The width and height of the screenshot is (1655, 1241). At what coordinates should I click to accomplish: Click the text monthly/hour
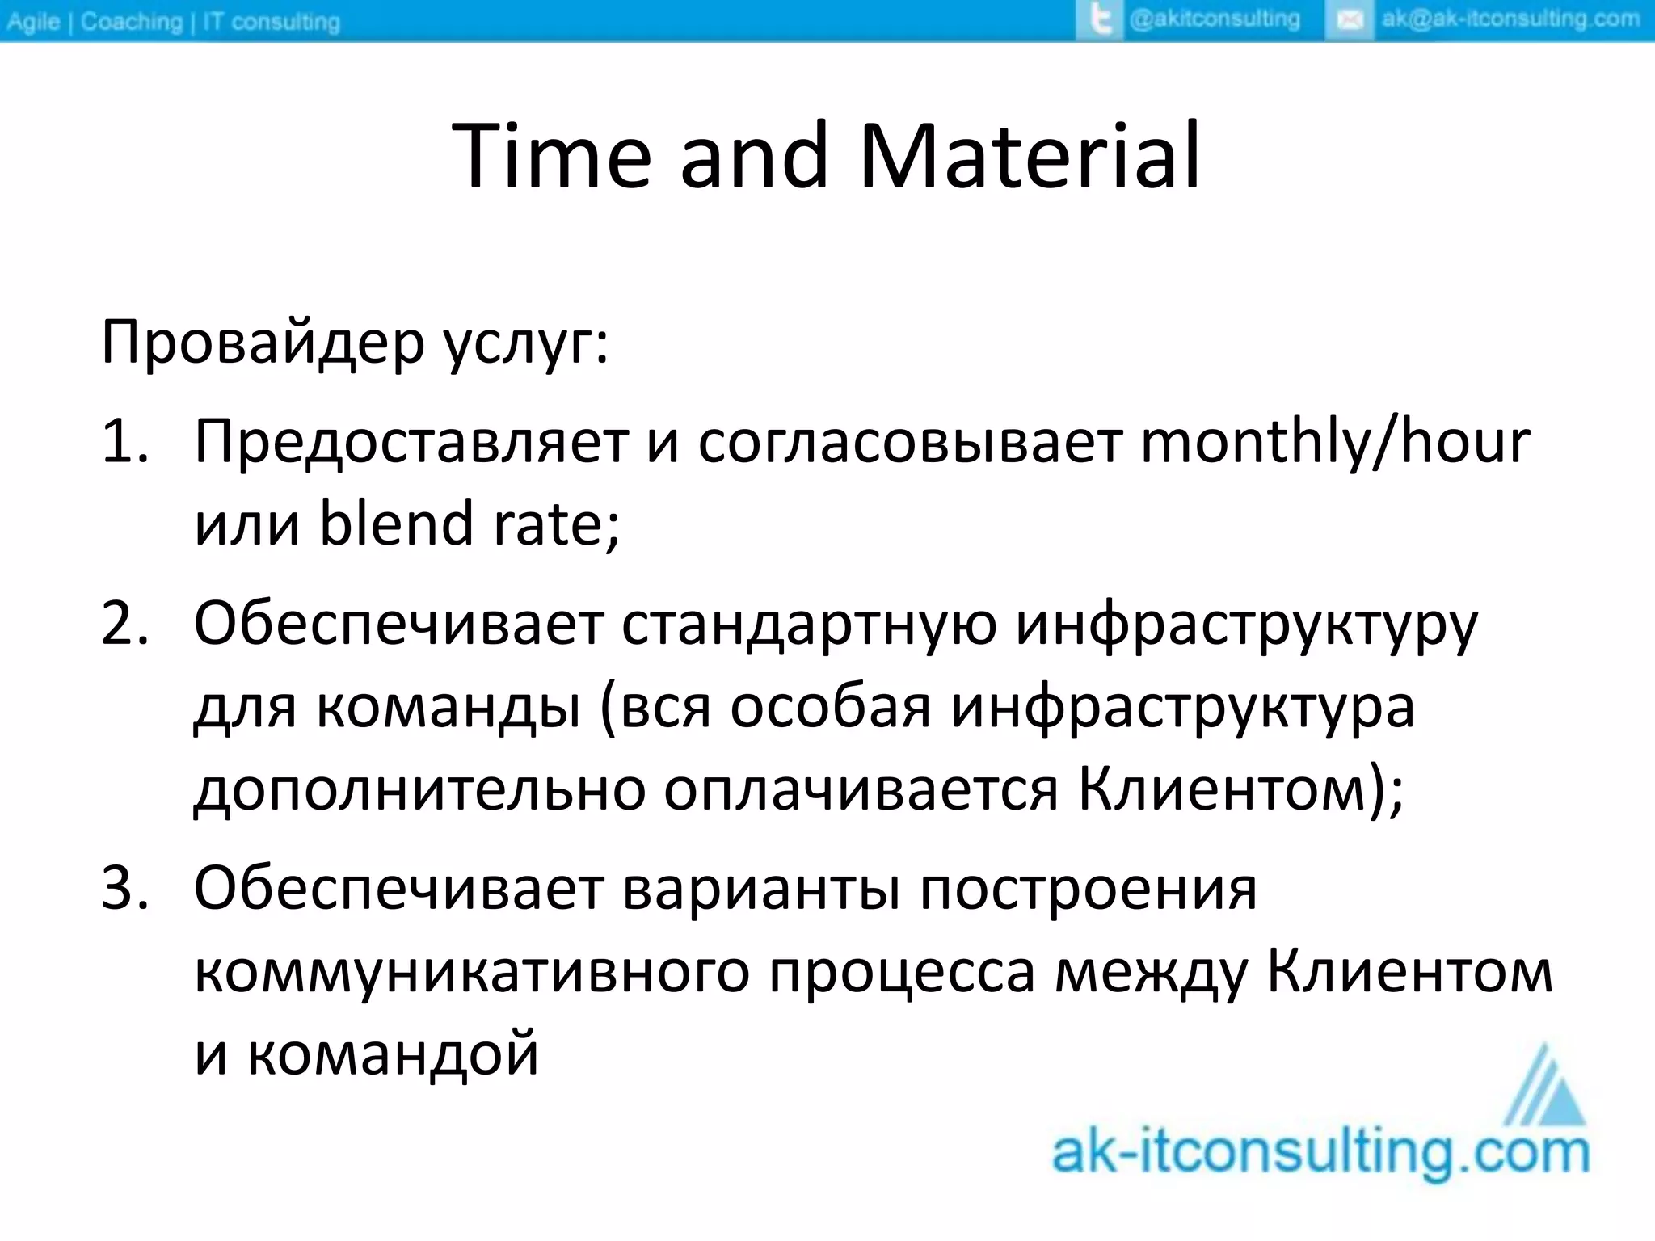1333,443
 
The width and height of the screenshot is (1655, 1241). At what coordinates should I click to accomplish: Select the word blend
396,524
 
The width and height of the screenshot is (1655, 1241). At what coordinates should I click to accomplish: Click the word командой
392,1055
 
